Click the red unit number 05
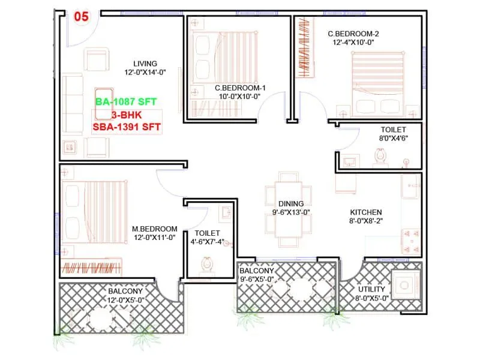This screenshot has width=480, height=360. pyautogui.click(x=81, y=17)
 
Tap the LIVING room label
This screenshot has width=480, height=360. pyautogui.click(x=145, y=64)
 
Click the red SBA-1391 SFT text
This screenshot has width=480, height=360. pyautogui.click(x=127, y=127)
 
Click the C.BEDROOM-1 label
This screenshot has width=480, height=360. pyautogui.click(x=240, y=88)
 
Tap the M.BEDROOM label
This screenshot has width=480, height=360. pyautogui.click(x=155, y=229)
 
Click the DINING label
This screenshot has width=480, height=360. pyautogui.click(x=291, y=203)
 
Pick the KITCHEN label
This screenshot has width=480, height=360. pyautogui.click(x=366, y=212)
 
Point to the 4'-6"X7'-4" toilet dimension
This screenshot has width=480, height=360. pyautogui.click(x=208, y=242)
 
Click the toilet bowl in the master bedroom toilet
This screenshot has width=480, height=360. pyautogui.click(x=208, y=263)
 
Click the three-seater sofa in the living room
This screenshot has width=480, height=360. pyautogui.click(x=73, y=104)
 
